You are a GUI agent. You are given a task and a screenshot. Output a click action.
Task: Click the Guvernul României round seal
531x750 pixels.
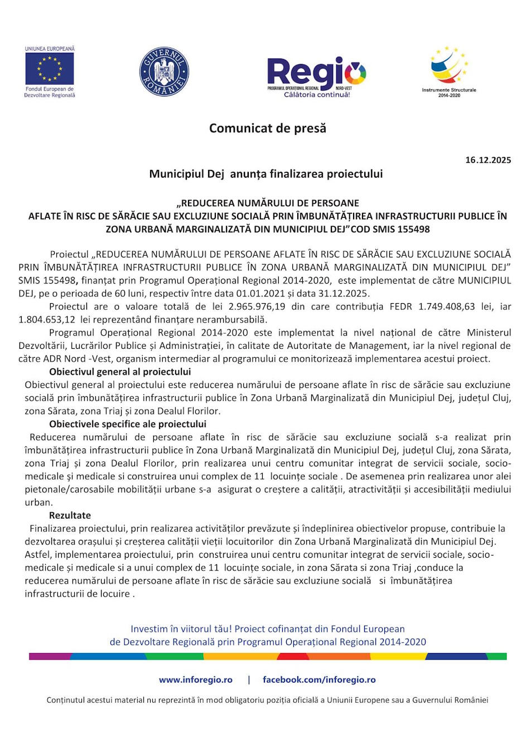pyautogui.click(x=164, y=72)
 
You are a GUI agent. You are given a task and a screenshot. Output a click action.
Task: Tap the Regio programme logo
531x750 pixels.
pyautogui.click(x=316, y=74)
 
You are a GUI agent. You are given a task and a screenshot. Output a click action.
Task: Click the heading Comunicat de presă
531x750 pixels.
pyautogui.click(x=267, y=128)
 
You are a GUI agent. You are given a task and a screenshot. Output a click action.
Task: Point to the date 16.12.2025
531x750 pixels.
pyautogui.click(x=488, y=160)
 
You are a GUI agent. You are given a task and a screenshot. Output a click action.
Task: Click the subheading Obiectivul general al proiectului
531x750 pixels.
pyautogui.click(x=120, y=372)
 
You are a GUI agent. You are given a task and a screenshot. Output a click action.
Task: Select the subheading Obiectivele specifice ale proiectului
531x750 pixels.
pyautogui.click(x=128, y=424)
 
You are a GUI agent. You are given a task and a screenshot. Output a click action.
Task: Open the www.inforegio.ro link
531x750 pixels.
pyautogui.click(x=195, y=680)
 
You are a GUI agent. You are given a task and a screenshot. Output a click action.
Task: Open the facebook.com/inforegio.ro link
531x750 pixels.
pyautogui.click(x=319, y=680)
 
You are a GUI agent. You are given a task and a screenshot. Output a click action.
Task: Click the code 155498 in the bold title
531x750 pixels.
pyautogui.click(x=413, y=229)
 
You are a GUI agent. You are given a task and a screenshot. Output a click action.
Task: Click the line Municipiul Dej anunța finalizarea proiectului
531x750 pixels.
pyautogui.click(x=265, y=174)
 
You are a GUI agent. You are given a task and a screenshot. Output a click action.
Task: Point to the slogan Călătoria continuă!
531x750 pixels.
pyautogui.click(x=317, y=95)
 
